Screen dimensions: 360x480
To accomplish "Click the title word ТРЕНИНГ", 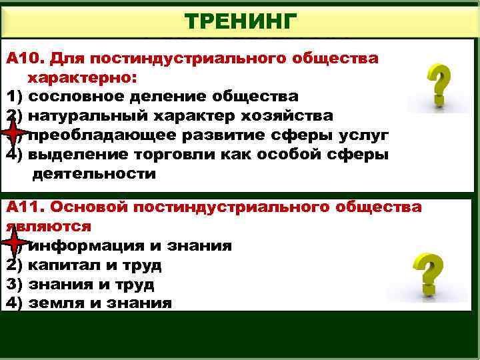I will click(x=239, y=22).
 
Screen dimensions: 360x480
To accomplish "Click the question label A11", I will click(x=25, y=207).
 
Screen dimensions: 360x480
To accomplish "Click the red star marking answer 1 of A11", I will click(x=14, y=245).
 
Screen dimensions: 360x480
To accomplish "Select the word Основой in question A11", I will click(x=82, y=207).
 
